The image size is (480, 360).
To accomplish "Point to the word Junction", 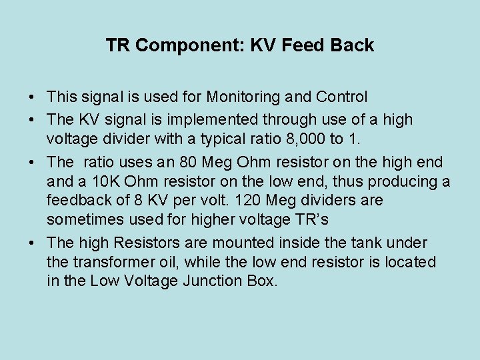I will click(x=217, y=281).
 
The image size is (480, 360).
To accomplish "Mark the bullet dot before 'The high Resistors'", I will click(x=33, y=243).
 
